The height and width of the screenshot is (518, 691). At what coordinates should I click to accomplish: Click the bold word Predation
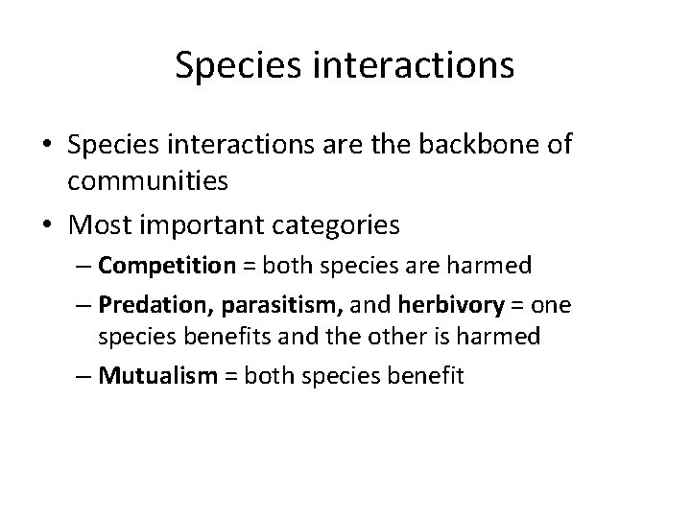click(x=172, y=305)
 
